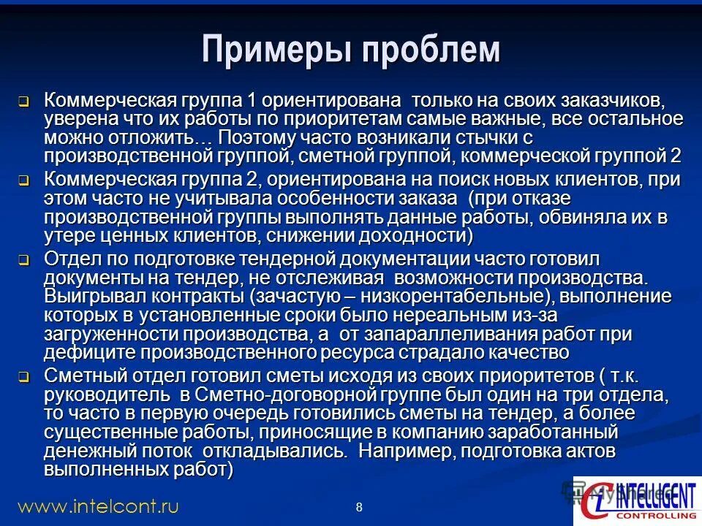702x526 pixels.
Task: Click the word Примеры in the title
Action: (269, 50)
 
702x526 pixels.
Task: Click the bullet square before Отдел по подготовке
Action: (23, 260)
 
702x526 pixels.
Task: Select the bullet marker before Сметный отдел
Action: (23, 378)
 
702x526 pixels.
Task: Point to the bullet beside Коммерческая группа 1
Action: (23, 101)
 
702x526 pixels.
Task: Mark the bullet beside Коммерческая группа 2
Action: (23, 180)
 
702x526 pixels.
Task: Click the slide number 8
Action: (358, 507)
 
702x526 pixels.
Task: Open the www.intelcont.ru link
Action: (98, 506)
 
